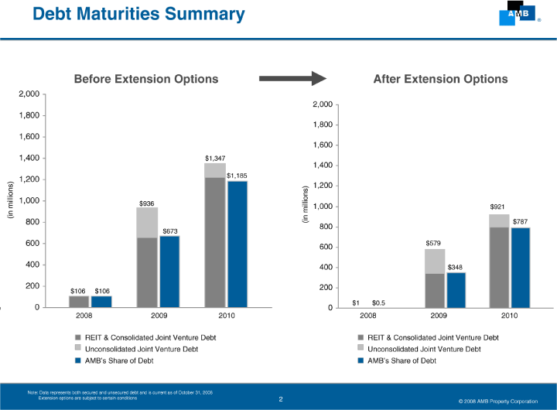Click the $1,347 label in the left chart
click(215, 158)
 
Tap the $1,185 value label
click(237, 176)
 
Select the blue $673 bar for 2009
click(169, 272)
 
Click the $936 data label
click(146, 203)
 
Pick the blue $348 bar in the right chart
click(456, 290)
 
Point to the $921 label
click(498, 207)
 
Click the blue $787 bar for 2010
click(520, 268)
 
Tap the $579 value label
click(434, 244)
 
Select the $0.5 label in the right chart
click(379, 302)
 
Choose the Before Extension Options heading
click(145, 79)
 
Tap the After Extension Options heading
click(440, 79)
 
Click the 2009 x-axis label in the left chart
click(159, 316)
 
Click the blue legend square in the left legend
click(78, 360)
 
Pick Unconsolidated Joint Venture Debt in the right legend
click(424, 349)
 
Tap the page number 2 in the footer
click(281, 399)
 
